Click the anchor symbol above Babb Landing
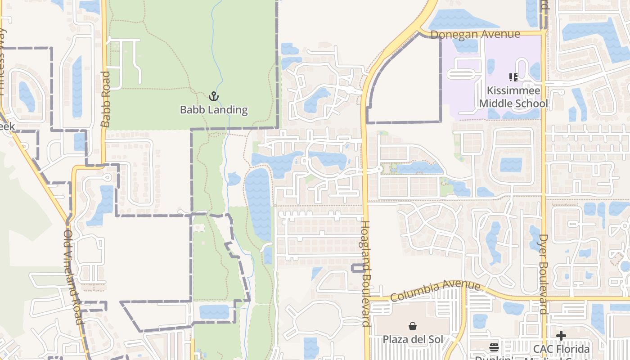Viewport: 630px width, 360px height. [214, 96]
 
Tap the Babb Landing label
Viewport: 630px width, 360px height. [214, 109]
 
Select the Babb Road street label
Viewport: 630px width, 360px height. [106, 99]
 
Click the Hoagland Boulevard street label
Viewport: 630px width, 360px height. [366, 273]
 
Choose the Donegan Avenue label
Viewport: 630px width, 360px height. [475, 35]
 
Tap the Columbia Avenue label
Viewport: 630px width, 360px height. [435, 291]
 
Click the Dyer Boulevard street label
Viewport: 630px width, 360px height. [544, 274]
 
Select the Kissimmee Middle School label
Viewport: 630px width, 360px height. [513, 97]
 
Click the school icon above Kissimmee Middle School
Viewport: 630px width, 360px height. [513, 77]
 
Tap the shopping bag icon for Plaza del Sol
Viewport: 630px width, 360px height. [412, 326]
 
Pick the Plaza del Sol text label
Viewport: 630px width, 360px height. [412, 339]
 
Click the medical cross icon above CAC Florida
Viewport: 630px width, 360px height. [561, 336]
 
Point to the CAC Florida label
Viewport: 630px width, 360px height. [561, 349]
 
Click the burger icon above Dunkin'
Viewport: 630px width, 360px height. [494, 347]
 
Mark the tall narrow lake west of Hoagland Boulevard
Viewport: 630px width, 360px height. [258, 202]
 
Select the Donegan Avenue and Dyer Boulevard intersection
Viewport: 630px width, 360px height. [544, 33]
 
